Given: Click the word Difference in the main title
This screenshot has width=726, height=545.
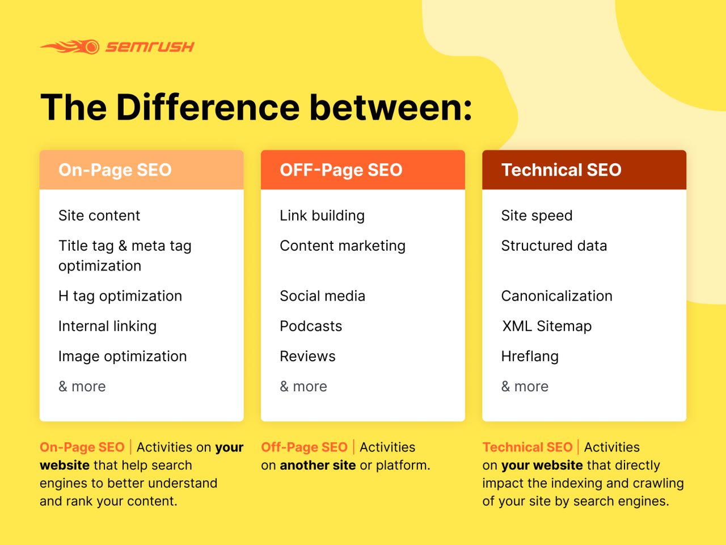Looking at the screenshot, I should [x=208, y=107].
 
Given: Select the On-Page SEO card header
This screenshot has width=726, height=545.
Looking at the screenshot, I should [x=141, y=170].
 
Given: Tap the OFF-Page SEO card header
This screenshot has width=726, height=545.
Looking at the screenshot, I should [x=362, y=170].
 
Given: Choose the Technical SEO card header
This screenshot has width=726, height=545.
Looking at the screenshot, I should [x=584, y=170].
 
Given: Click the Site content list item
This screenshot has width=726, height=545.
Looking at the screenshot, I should [x=99, y=216].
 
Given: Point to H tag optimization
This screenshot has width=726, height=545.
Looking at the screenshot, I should [x=120, y=296].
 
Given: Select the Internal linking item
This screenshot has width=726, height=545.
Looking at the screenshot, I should [x=107, y=326].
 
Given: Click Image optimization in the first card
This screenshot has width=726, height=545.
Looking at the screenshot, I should [x=123, y=356].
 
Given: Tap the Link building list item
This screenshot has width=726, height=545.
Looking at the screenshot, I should [x=322, y=216].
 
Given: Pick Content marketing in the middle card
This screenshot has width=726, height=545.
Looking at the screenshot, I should [x=343, y=246].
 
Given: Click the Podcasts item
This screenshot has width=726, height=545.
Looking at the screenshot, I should [x=311, y=326].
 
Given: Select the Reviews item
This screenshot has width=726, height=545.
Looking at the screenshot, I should [x=307, y=356].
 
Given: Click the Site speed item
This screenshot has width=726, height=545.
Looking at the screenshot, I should [x=537, y=216].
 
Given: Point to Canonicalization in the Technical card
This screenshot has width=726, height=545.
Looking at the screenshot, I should [x=556, y=296].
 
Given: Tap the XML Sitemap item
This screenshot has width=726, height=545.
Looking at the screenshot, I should [x=547, y=326].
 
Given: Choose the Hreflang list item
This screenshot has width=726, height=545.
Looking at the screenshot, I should [x=530, y=356].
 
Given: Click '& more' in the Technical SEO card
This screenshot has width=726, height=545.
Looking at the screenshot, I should [x=525, y=386].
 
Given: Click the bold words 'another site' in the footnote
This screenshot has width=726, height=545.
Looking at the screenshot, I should [x=318, y=465].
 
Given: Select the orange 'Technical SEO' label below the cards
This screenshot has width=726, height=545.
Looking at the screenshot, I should [x=527, y=447].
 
